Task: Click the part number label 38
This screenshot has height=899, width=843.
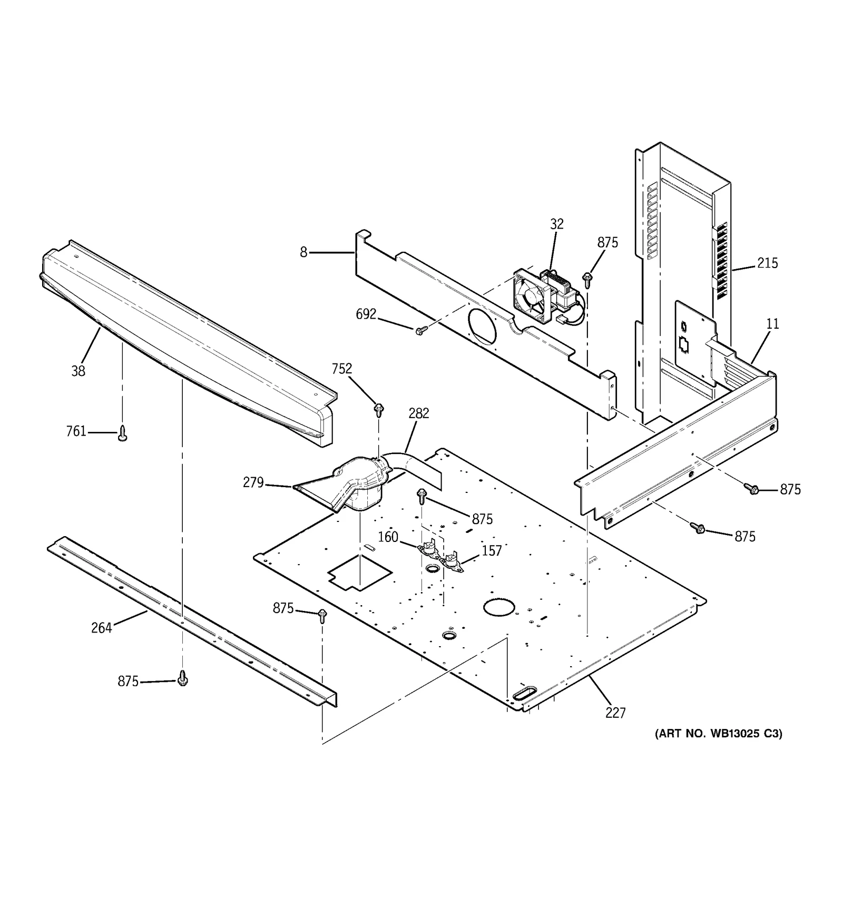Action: click(78, 371)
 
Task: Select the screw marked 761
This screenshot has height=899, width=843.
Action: click(122, 433)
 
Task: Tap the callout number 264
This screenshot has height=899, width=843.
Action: click(101, 627)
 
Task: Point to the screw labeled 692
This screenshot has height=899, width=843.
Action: click(420, 330)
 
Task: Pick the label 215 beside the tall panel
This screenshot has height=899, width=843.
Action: click(767, 263)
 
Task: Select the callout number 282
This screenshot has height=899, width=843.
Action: click(418, 413)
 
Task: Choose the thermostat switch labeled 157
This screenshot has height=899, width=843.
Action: click(453, 561)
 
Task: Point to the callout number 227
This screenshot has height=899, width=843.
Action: click(615, 713)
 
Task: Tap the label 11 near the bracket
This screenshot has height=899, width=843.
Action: click(772, 324)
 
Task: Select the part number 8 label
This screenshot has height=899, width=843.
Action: click(303, 252)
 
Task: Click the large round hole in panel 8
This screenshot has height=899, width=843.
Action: click(482, 325)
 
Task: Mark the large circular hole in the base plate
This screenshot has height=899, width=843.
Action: click(498, 607)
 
